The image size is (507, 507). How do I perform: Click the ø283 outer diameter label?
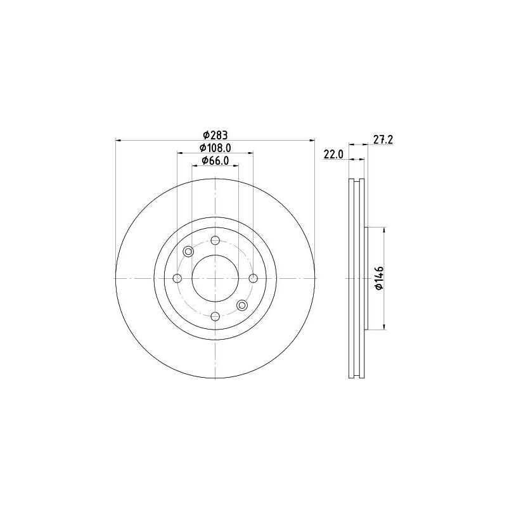pos(215,134)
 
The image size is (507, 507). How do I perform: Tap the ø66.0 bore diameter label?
pos(215,161)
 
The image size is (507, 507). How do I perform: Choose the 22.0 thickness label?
pos(333,154)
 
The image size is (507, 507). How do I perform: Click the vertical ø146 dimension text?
pos(379,278)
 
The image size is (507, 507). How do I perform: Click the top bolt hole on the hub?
pos(215,240)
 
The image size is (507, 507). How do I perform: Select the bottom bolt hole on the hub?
pos(215,316)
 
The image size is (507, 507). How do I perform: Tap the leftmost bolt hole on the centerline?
pos(177,278)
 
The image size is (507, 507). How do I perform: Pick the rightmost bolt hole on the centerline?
pos(253,278)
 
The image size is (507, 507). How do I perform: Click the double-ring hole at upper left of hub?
pos(188,252)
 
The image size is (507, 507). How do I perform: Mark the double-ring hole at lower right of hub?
pos(241,305)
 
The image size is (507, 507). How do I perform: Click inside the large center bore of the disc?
pos(215,278)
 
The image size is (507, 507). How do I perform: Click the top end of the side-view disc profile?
pos(357,181)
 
